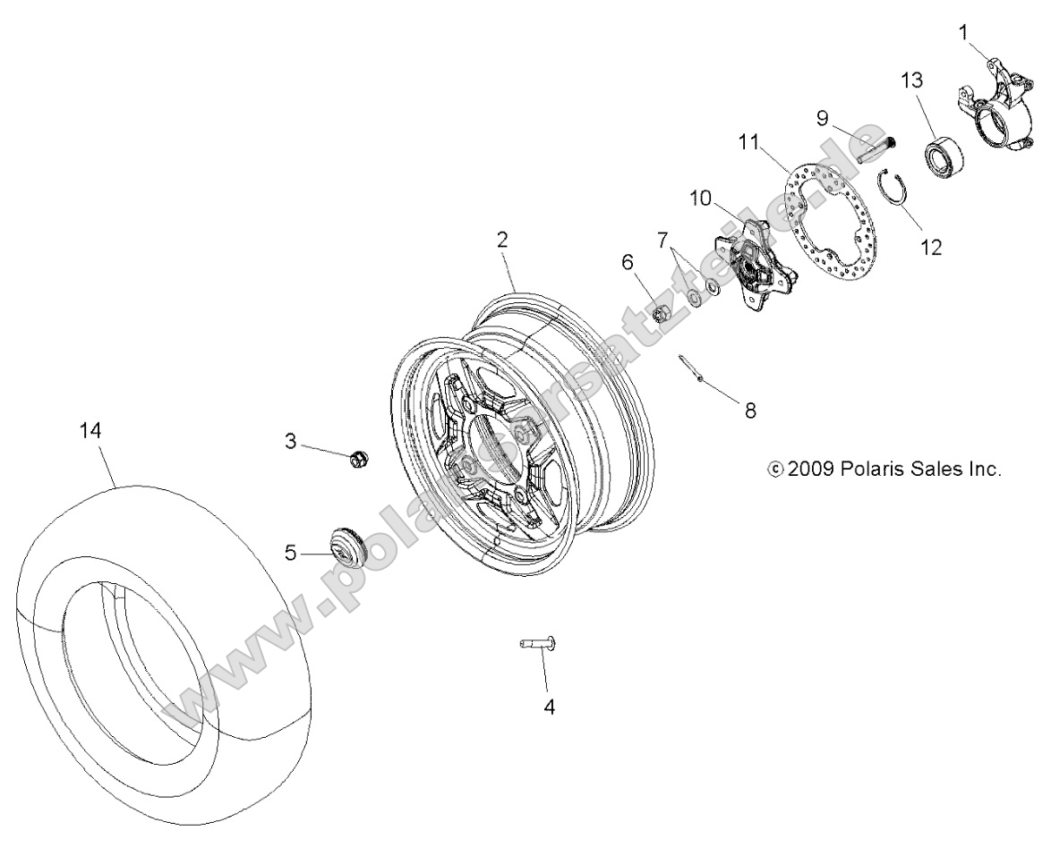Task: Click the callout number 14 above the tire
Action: (90, 430)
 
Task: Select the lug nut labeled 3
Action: (357, 459)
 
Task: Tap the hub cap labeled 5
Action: (346, 546)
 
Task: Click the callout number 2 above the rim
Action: (502, 239)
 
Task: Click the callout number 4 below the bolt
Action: (549, 707)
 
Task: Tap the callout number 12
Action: (931, 247)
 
